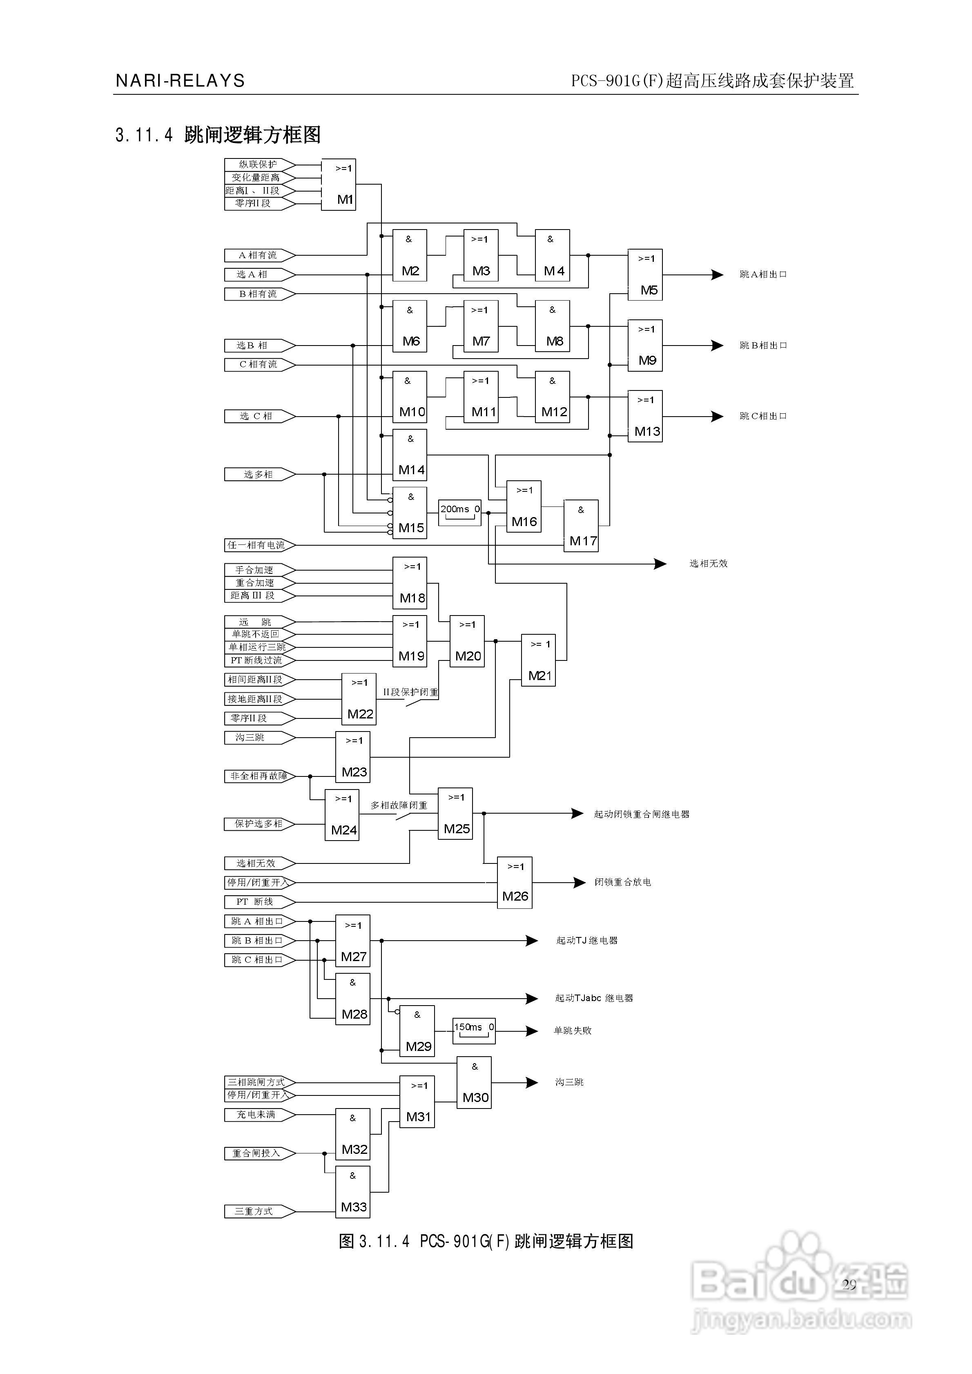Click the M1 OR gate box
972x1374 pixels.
[339, 184]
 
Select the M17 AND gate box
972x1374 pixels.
[581, 525]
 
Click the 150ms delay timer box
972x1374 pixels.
[473, 1030]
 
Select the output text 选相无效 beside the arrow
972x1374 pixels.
[708, 564]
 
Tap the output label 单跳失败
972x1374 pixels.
[572, 1030]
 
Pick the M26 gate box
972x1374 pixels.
[515, 883]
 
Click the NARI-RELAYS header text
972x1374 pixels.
[180, 81]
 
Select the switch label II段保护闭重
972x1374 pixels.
[410, 692]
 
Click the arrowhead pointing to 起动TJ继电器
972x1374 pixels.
[531, 941]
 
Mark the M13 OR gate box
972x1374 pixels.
[645, 417]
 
